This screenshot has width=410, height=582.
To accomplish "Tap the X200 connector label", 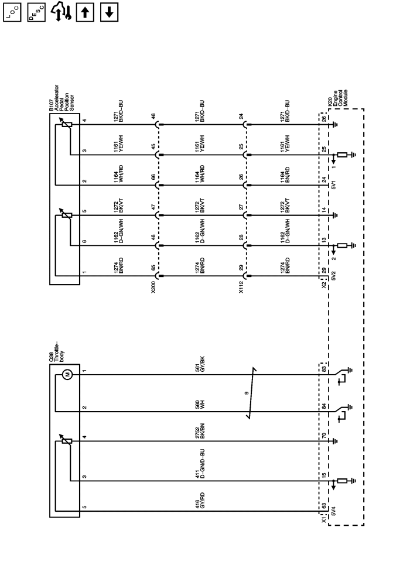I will [153, 289].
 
